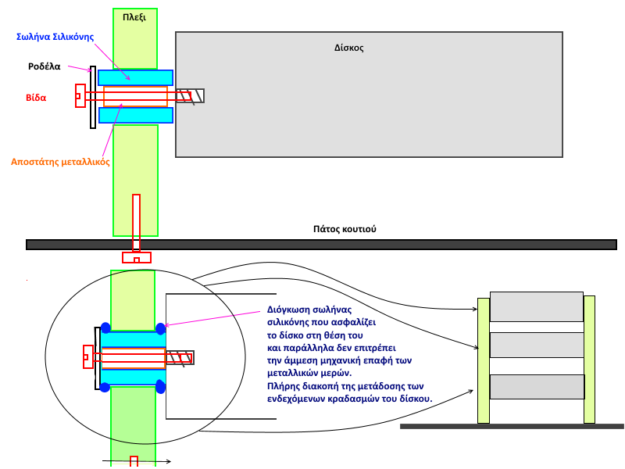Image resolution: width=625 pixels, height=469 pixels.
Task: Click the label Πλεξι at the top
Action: (134, 16)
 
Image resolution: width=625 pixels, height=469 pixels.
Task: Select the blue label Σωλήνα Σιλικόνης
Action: (54, 37)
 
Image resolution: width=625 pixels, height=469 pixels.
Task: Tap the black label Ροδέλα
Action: (45, 66)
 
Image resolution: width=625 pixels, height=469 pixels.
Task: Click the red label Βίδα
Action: (36, 98)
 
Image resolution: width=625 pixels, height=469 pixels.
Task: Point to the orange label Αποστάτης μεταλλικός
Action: (60, 162)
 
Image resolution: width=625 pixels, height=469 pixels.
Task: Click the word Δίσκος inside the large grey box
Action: (348, 48)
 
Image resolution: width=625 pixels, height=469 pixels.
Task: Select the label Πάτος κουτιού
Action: (344, 229)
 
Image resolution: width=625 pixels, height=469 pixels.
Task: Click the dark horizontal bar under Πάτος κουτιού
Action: (321, 245)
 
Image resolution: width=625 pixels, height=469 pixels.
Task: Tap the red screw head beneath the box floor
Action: (137, 257)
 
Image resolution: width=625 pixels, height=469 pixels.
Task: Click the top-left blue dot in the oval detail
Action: (105, 328)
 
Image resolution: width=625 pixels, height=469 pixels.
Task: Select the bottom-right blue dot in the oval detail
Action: (160, 386)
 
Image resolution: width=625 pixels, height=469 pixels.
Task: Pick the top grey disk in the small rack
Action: (536, 306)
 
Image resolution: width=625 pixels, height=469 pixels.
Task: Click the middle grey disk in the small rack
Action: (536, 345)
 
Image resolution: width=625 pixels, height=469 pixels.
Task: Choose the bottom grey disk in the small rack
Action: (536, 386)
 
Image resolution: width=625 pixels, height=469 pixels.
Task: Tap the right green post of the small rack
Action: (589, 359)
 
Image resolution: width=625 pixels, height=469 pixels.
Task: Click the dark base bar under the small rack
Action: (512, 426)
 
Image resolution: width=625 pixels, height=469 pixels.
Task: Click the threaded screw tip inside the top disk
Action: (190, 96)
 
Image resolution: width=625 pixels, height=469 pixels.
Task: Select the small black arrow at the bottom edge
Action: (136, 461)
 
